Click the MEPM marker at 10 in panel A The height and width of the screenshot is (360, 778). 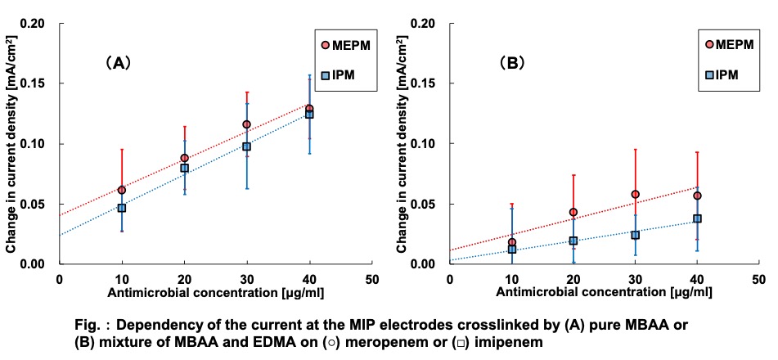pos(122,190)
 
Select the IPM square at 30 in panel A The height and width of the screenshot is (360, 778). pos(246,146)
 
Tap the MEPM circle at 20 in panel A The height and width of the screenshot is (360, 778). pos(184,158)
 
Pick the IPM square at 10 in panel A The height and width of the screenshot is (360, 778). pos(122,208)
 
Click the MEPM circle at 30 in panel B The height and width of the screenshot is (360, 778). pos(636,194)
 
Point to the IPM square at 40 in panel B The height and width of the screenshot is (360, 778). pos(698,218)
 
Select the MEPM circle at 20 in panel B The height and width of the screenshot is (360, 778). pos(573,212)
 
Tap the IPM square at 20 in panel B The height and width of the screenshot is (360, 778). pos(573,241)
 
